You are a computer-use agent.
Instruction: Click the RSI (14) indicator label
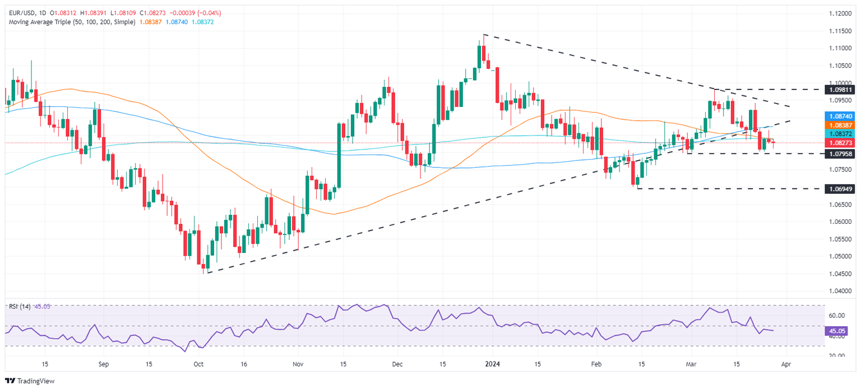click(x=20, y=306)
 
